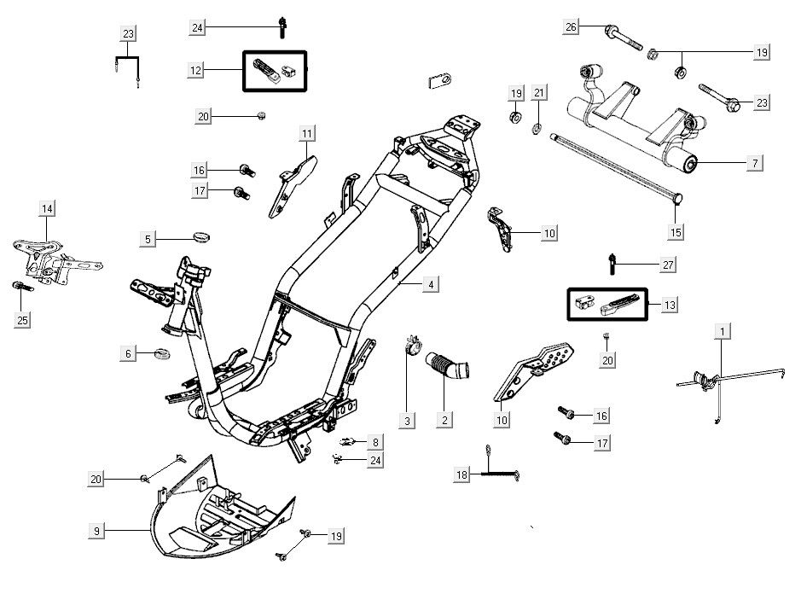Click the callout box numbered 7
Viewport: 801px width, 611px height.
[756, 162]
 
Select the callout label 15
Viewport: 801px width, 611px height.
[676, 231]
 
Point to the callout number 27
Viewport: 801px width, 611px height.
[668, 265]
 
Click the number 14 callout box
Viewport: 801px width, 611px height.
[46, 209]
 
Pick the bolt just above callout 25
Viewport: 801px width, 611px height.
[20, 287]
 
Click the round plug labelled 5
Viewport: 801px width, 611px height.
[202, 235]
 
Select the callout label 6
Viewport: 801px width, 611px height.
[128, 353]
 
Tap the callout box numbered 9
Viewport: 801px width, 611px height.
[97, 531]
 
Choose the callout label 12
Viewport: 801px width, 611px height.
[196, 70]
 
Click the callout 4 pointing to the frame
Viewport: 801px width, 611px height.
[432, 285]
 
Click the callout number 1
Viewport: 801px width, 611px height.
[723, 329]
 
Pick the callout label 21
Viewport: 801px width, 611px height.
[538, 92]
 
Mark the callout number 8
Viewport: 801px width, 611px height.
[375, 442]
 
